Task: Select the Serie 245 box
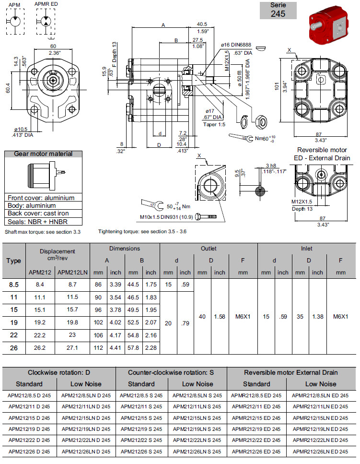278,11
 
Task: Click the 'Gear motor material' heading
44,154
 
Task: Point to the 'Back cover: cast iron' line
38,214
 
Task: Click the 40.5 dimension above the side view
202,24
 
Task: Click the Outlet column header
209,249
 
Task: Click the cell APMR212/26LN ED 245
320,452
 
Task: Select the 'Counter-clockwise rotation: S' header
171,372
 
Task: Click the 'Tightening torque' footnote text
142,232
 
